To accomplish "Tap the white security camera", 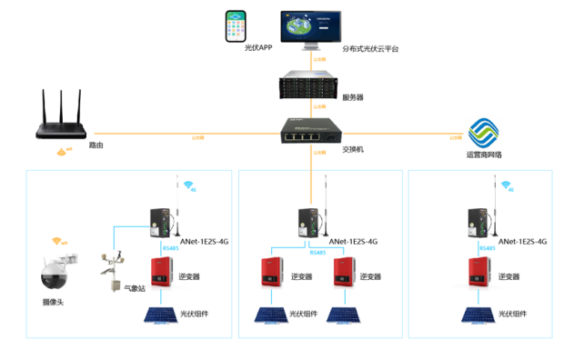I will (x=54, y=274).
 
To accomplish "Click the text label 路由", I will (x=95, y=145).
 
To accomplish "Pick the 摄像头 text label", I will (x=53, y=302).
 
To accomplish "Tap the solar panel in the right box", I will (x=478, y=315).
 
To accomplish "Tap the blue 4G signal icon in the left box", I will (x=188, y=185).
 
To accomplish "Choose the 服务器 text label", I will (x=354, y=95).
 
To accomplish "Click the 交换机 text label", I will (x=352, y=148).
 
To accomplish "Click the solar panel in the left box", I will (x=164, y=315).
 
